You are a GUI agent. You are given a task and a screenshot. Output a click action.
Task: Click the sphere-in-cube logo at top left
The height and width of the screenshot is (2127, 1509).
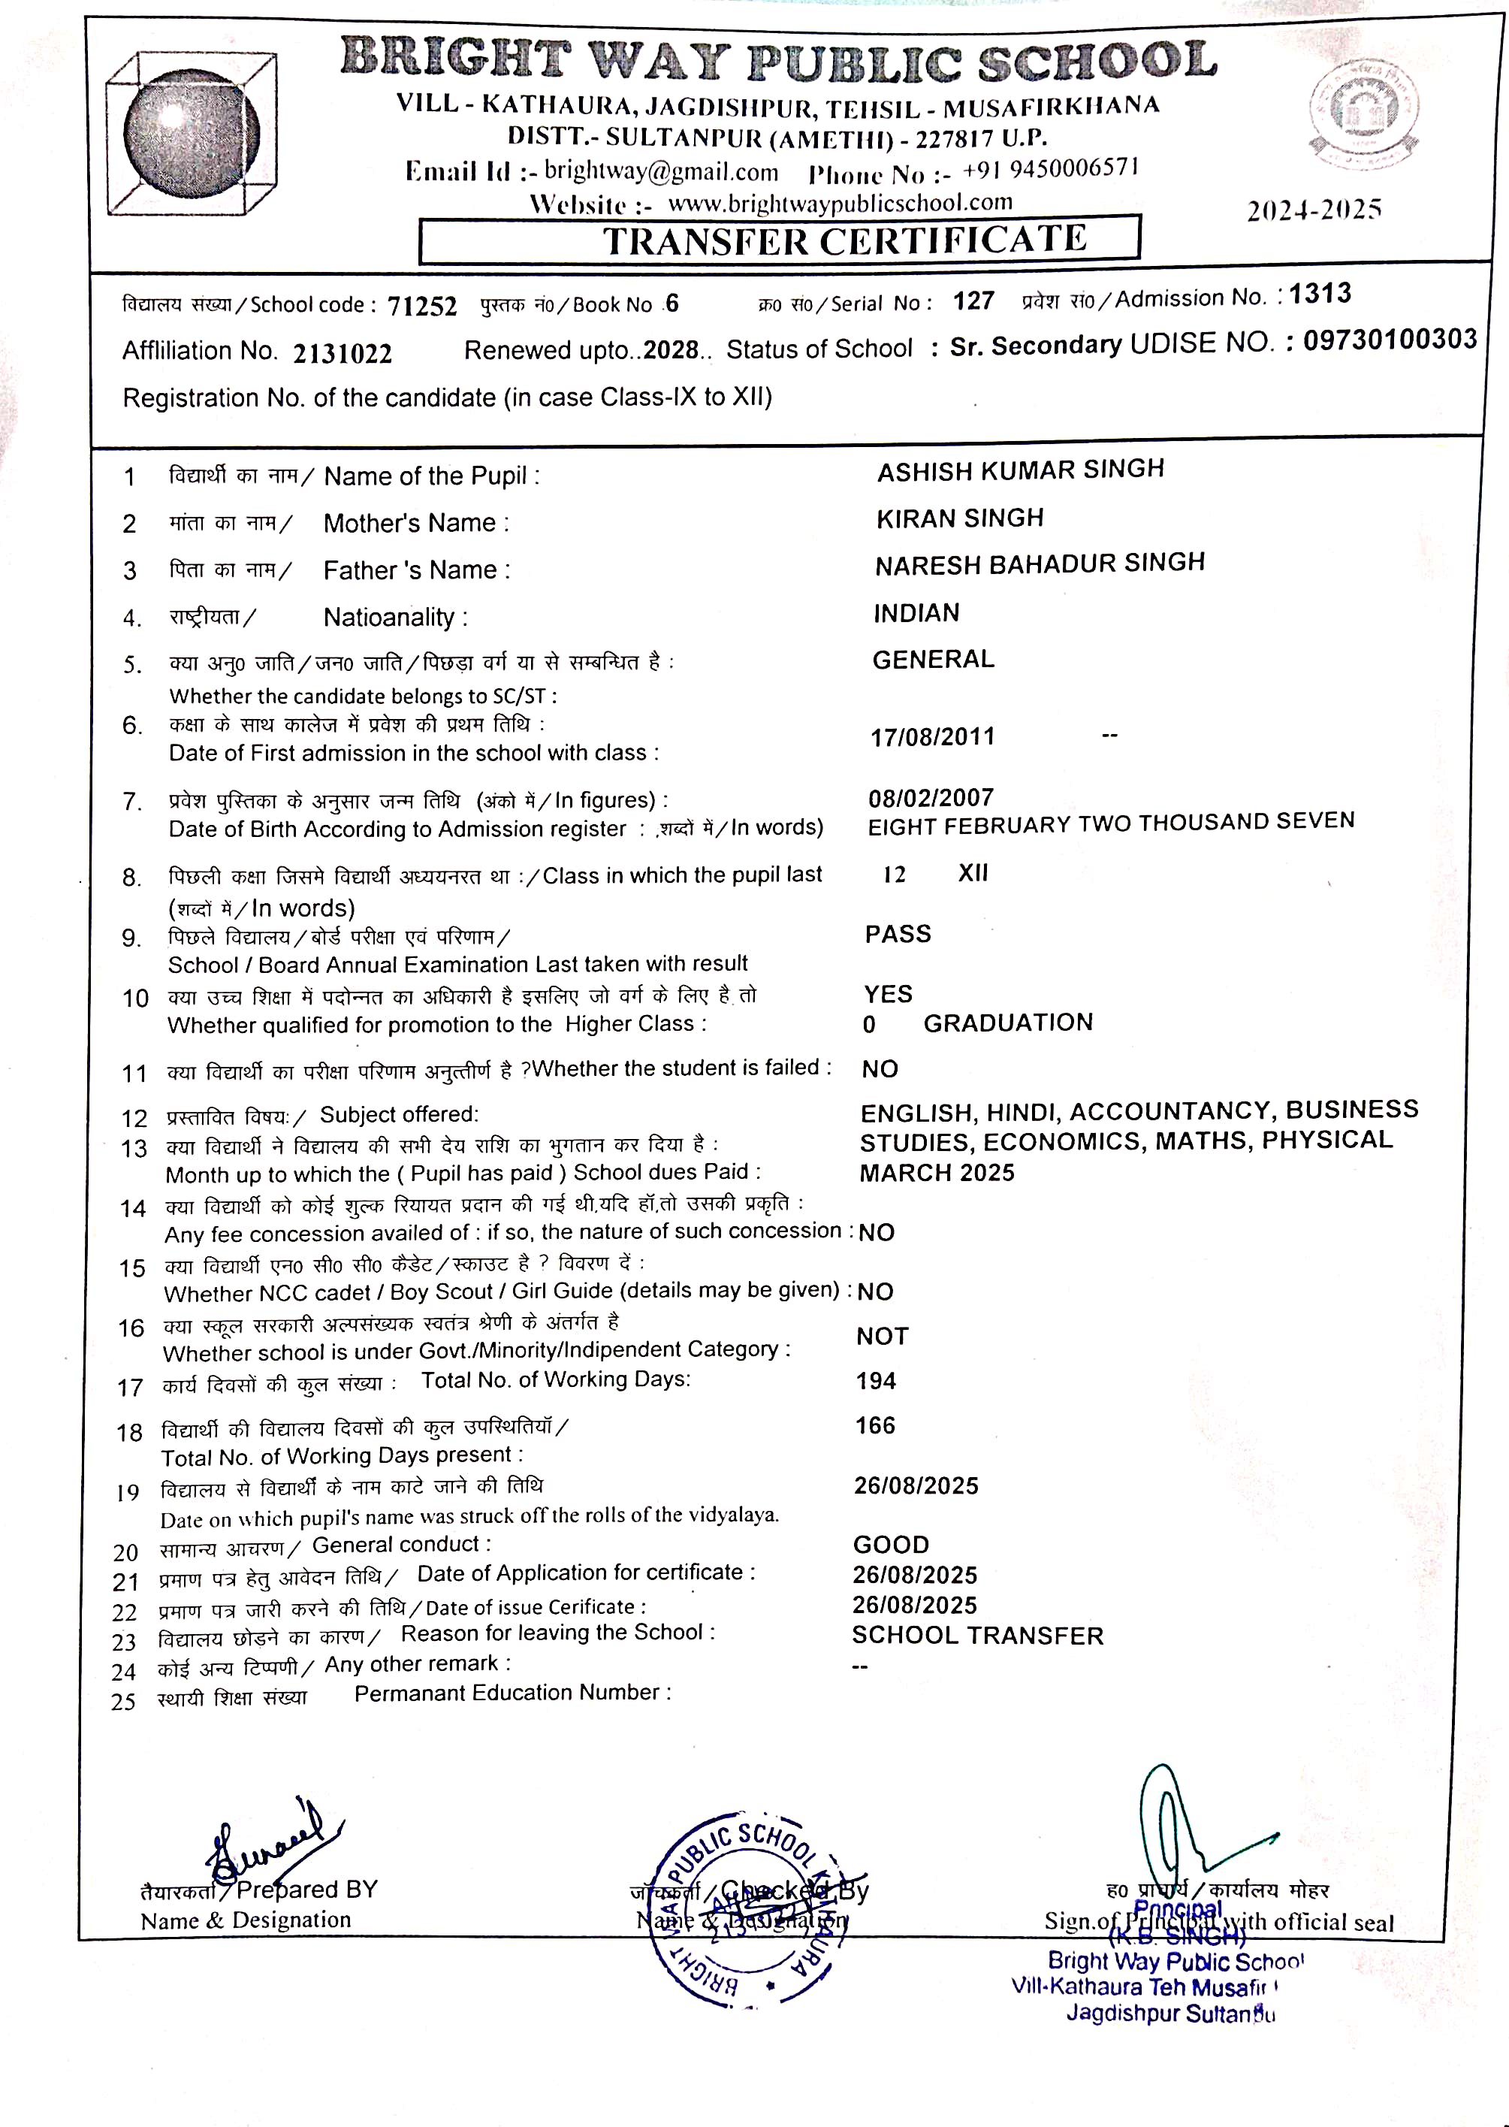point(192,134)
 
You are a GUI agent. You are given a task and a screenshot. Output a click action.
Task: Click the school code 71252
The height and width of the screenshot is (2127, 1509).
point(422,306)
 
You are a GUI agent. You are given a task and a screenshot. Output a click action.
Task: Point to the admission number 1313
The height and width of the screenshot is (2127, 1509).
point(1320,294)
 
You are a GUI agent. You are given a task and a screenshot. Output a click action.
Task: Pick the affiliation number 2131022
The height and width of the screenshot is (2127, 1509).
point(342,353)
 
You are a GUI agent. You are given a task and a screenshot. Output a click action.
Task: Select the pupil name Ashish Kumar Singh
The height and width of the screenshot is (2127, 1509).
point(1020,470)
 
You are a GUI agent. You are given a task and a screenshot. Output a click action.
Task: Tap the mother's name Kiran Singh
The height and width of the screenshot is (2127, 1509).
point(960,518)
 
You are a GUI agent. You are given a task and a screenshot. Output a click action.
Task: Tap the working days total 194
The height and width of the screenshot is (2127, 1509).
point(875,1381)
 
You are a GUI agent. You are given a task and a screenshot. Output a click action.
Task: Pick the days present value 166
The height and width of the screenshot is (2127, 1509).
point(875,1425)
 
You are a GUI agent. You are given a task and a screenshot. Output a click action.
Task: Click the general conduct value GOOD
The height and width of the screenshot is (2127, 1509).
point(890,1545)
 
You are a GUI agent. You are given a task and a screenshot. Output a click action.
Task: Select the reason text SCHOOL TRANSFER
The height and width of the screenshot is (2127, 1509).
point(977,1636)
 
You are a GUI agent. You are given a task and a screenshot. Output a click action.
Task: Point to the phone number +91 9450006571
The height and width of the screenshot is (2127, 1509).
point(1050,169)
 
